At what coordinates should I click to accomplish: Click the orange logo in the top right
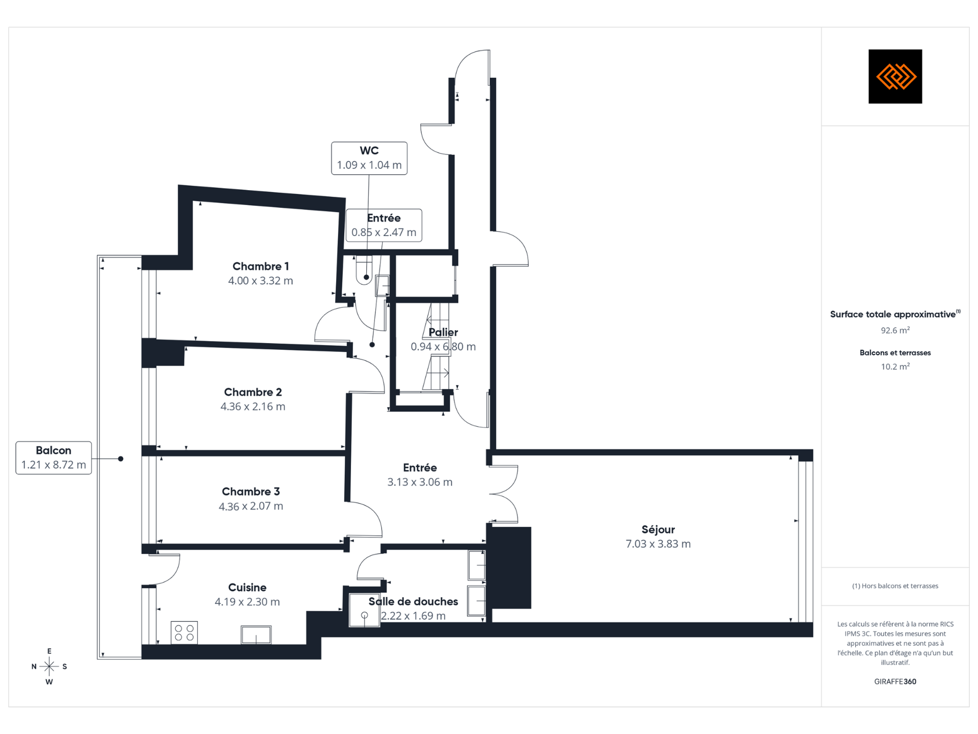point(895,76)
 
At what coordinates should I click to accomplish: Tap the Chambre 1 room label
point(260,266)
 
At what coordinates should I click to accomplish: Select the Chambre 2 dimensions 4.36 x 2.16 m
point(253,407)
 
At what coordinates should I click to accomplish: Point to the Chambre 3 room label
point(251,491)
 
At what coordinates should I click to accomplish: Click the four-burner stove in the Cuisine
point(184,633)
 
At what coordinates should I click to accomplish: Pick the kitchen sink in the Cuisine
point(256,635)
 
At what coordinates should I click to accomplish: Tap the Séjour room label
point(658,530)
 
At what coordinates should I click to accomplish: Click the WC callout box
point(369,159)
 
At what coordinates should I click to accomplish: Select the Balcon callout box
point(53,458)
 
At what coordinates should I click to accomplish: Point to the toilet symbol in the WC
point(364,270)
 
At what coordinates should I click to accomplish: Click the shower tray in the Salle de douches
point(364,610)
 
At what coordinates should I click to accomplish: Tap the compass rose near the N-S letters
point(49,666)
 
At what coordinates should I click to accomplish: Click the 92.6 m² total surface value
point(895,330)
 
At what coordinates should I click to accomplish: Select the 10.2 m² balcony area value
point(895,366)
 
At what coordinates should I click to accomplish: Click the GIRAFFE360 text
point(895,681)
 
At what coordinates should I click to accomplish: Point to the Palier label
point(443,332)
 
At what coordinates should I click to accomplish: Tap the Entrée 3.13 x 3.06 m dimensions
point(420,482)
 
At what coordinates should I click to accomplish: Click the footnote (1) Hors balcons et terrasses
point(895,586)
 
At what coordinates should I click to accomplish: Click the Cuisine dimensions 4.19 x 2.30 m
point(247,602)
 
